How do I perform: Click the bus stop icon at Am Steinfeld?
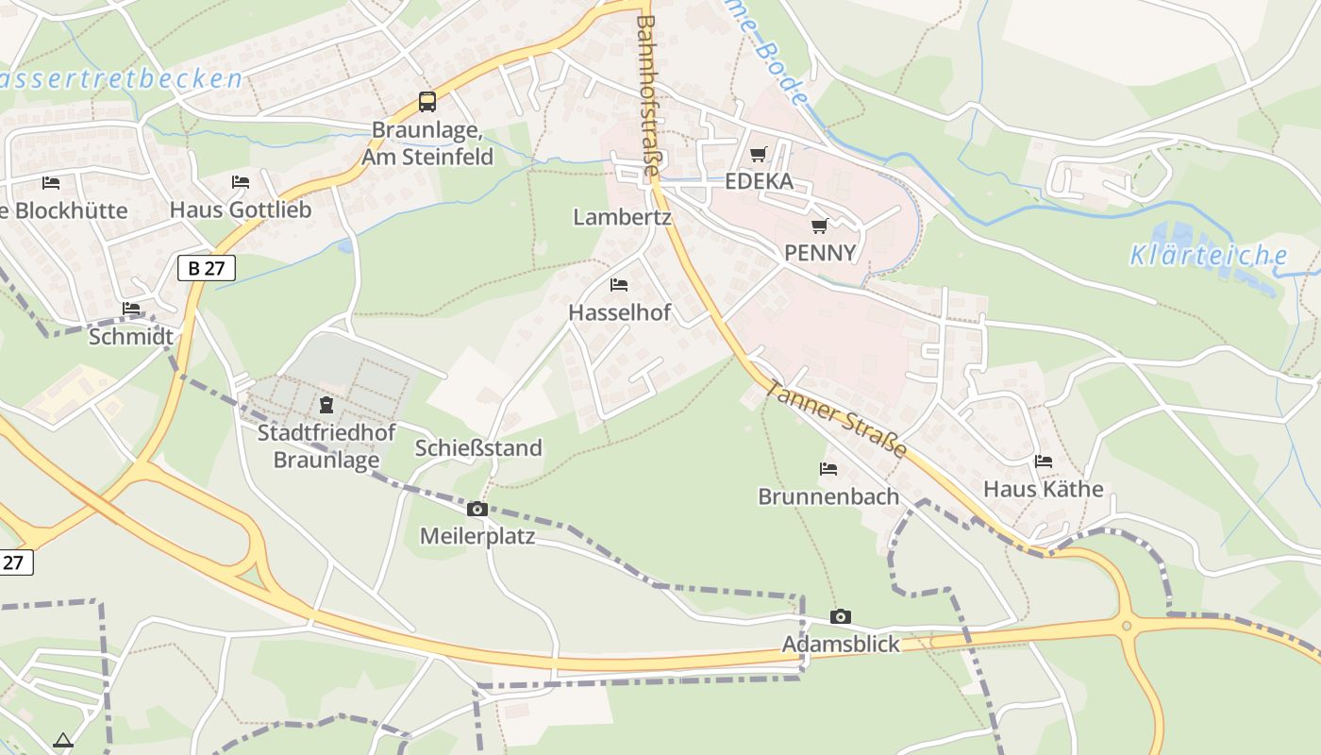point(427,102)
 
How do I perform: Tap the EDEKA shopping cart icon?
point(759,154)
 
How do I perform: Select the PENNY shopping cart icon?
point(819,226)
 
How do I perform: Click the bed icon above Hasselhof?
point(619,284)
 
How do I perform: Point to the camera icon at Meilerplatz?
point(477,510)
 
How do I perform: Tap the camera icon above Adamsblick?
point(840,617)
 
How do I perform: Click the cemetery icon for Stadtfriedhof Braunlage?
point(326,406)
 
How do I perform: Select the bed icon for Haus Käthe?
point(1043,461)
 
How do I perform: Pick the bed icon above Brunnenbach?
point(828,468)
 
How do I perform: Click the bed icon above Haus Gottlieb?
point(241,182)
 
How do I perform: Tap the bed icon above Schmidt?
point(131,309)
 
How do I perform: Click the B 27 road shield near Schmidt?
point(207,268)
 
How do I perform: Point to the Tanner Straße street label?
point(836,418)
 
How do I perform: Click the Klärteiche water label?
point(1209,255)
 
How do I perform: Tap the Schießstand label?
point(478,447)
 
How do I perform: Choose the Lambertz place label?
point(622,217)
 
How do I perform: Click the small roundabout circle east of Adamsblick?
point(1126,625)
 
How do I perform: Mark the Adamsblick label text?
point(841,645)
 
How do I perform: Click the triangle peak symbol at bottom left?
point(63,741)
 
